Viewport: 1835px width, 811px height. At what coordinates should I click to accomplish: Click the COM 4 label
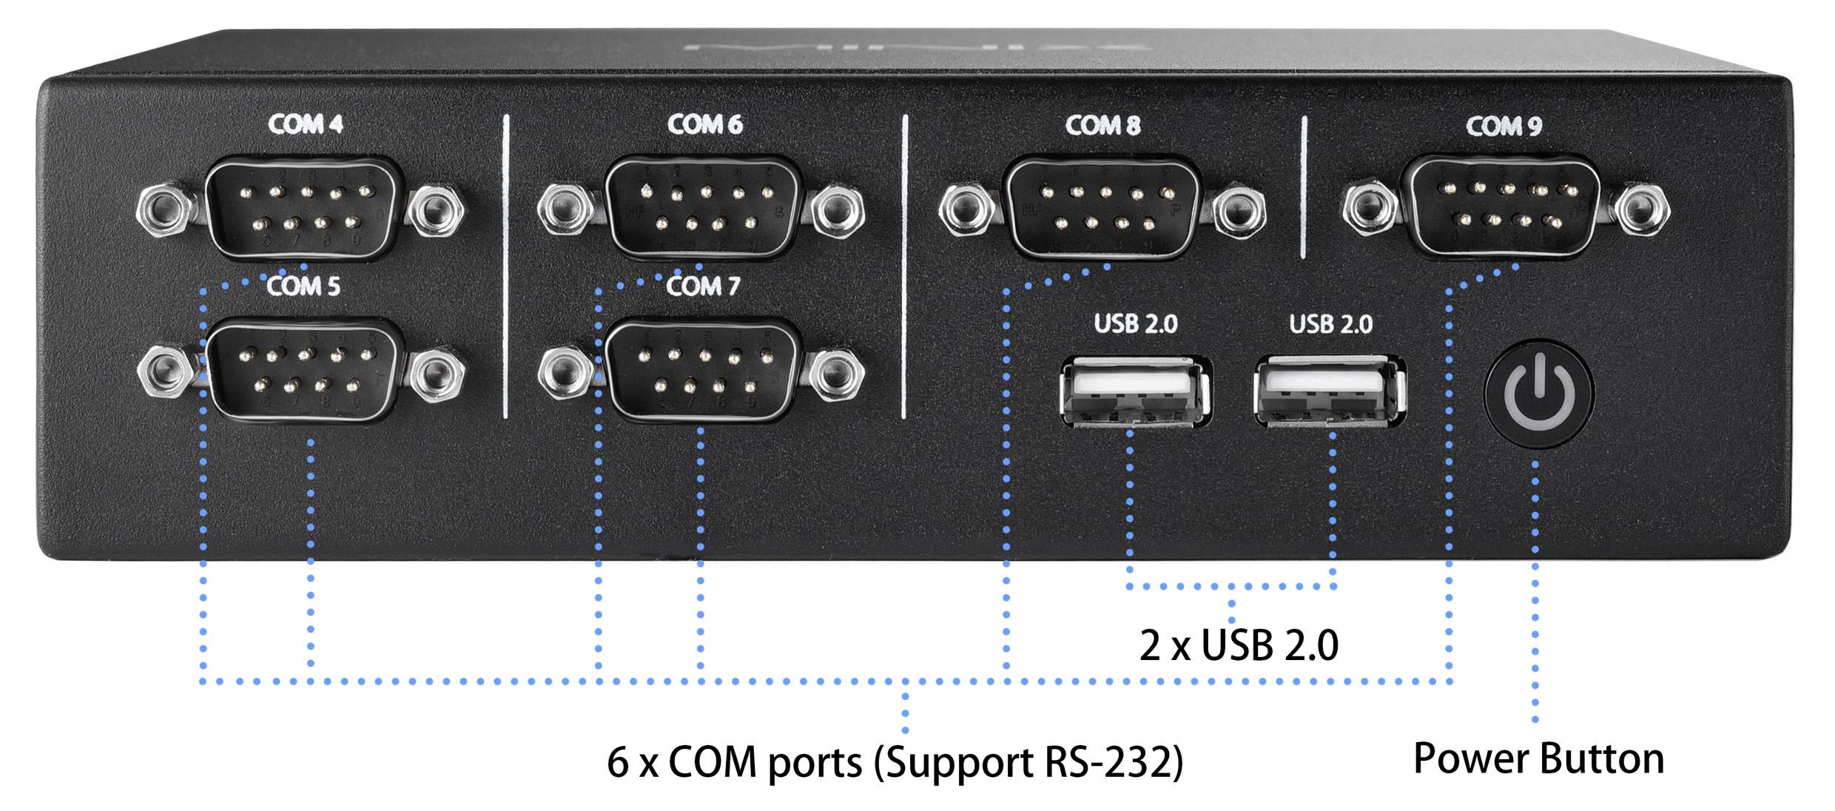pos(306,124)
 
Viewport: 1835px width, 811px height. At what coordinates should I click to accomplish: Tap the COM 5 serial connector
pos(304,370)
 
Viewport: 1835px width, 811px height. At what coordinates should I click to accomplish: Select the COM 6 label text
pos(704,124)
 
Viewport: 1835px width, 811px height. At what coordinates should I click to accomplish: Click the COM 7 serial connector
pos(704,370)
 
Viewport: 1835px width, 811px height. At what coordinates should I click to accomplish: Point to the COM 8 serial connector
pos(1103,206)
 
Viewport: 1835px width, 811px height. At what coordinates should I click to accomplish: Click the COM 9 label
pos(1504,127)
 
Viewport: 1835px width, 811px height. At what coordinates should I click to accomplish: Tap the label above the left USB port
pos(1135,324)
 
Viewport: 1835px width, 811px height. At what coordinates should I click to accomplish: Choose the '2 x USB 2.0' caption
pos(1239,646)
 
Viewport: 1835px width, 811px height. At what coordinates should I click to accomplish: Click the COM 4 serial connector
pos(304,206)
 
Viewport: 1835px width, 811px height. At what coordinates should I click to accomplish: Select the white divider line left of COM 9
pos(1304,186)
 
